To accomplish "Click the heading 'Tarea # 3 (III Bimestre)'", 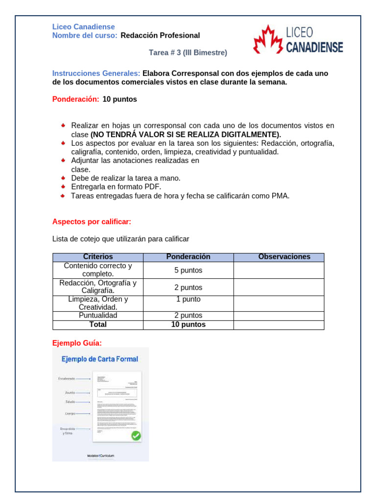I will (x=188, y=52).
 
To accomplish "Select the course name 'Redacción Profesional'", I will (x=160, y=35).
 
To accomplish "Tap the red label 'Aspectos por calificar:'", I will (x=92, y=222).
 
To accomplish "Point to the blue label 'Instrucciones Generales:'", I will (x=96, y=73).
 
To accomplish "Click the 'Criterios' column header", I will (x=98, y=257).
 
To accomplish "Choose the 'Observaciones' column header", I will (x=284, y=257).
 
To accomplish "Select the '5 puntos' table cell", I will (x=188, y=270).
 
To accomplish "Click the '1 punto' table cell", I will (x=188, y=299).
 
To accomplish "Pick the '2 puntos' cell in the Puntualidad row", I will (x=188, y=316).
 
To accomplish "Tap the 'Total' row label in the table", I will (x=98, y=324).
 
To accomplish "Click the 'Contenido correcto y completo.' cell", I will (x=98, y=270).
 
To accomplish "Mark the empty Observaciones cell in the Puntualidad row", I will (x=279, y=316).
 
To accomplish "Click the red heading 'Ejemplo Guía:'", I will (x=77, y=342).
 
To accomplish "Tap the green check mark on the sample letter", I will (x=136, y=435).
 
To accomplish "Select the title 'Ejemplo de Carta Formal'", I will (x=100, y=359).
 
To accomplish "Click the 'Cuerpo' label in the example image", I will (x=70, y=413).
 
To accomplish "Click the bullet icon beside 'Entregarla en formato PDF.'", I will (x=63, y=187).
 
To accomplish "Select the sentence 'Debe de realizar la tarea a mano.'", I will (x=126, y=178).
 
